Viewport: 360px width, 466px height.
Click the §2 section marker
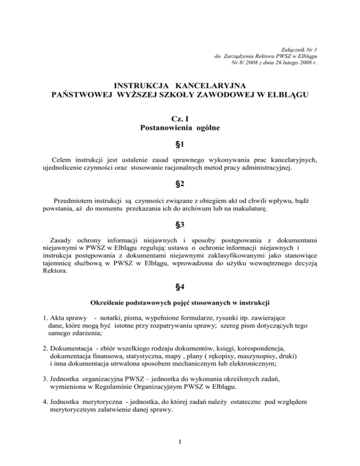click(x=180, y=185)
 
